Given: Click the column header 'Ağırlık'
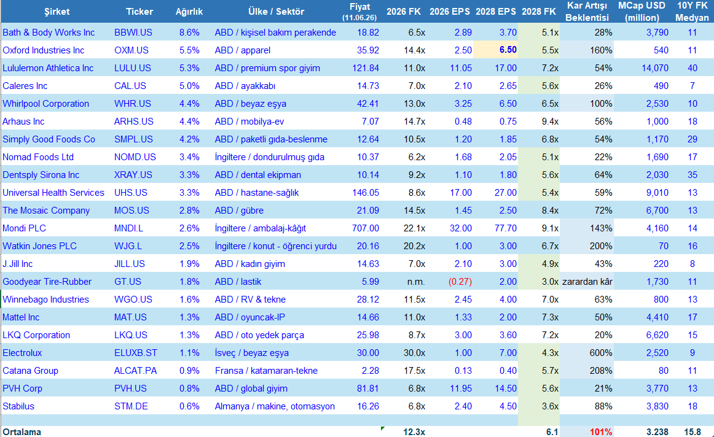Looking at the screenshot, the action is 189,12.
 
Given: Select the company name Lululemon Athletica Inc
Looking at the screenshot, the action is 48,68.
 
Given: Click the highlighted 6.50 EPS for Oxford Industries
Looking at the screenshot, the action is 508,50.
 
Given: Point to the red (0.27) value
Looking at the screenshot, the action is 460,282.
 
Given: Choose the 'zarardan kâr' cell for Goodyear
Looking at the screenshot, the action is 587,282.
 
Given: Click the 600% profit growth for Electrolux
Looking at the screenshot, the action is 601,353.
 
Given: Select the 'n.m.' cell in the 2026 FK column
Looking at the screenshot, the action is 416,282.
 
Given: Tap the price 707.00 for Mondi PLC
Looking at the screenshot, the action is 365,228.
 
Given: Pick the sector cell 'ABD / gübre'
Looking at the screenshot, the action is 239,211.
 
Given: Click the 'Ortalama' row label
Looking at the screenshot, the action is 22,432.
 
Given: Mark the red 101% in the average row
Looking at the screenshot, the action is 601,432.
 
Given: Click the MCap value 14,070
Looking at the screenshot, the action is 655,68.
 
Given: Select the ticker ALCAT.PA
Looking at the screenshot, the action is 135,371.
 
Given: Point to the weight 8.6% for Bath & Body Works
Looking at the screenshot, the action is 189,33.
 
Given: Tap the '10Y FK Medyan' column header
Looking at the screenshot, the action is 692,12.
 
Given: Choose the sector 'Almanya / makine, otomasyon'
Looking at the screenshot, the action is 275,406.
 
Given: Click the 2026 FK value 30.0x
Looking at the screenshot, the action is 414,353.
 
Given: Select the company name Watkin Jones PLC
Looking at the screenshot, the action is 39,246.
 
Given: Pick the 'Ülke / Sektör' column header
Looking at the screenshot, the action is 276,12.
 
